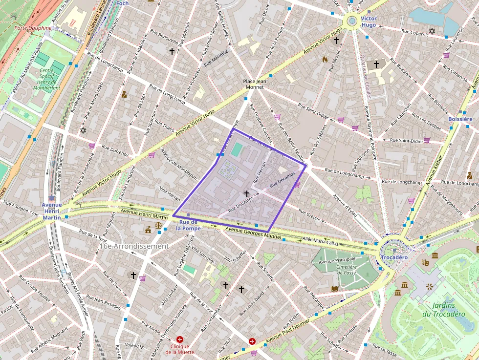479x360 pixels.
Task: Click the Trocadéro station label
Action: (x=394, y=257)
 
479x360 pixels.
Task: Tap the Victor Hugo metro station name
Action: (x=369, y=21)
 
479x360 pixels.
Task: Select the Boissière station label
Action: (x=460, y=119)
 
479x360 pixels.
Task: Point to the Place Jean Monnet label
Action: (x=254, y=84)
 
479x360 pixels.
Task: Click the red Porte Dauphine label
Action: (x=33, y=28)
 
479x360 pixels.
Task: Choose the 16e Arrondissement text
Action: (x=134, y=246)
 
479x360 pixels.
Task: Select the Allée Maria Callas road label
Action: (x=320, y=241)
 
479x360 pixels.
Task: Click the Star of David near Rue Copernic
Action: (x=432, y=32)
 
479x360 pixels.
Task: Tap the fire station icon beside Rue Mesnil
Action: (x=325, y=59)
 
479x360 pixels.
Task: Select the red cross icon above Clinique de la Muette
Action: (x=180, y=339)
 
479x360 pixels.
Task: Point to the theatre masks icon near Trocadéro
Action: (x=425, y=262)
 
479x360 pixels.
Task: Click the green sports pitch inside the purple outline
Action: (x=236, y=149)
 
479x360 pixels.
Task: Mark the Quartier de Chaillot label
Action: (x=365, y=76)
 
